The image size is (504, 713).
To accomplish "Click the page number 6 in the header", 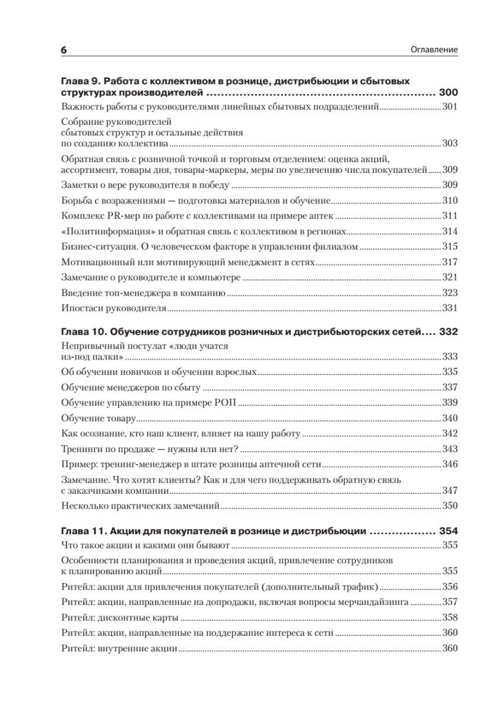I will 64,50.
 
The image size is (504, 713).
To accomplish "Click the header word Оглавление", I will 433,50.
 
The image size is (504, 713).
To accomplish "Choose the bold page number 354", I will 448,531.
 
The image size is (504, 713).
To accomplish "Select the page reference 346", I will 450,463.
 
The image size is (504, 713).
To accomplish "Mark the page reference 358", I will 450,617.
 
